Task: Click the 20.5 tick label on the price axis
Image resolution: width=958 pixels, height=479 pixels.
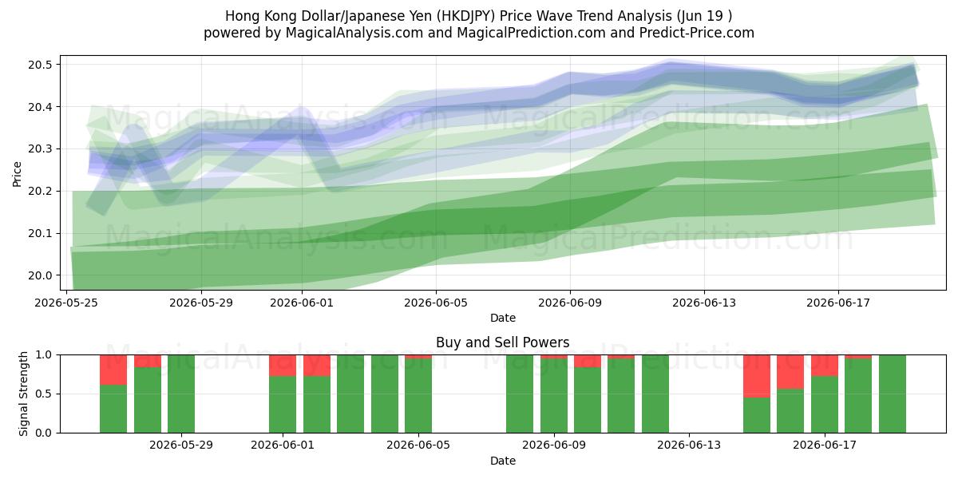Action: click(x=40, y=65)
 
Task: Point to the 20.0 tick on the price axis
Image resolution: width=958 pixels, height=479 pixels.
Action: click(x=40, y=276)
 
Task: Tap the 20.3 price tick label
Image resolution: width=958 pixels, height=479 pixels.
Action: click(x=40, y=149)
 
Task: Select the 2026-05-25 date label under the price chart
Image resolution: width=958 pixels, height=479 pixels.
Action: click(x=66, y=303)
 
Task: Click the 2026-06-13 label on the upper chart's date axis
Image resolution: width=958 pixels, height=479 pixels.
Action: click(x=704, y=303)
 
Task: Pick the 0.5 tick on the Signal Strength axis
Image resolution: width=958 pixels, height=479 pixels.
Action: click(x=44, y=394)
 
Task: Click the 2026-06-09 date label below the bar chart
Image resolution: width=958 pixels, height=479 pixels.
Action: click(x=554, y=445)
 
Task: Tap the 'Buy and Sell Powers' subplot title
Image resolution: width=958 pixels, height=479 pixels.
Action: click(x=502, y=342)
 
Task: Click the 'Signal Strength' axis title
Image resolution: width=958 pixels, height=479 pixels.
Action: click(x=23, y=394)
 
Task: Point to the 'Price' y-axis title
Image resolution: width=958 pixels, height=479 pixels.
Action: click(x=17, y=174)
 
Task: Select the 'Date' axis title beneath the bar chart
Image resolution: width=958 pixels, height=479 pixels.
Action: click(x=503, y=461)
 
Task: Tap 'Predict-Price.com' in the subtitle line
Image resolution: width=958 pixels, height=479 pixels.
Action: click(x=697, y=33)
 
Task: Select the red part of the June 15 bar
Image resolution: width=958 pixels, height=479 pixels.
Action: click(x=757, y=376)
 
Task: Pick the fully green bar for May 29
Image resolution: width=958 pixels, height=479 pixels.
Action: click(x=181, y=394)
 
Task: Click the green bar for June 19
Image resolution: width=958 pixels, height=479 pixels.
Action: click(x=893, y=394)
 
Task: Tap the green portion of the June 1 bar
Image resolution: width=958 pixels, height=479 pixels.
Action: click(x=283, y=405)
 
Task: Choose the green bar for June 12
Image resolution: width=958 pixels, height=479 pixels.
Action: click(x=655, y=394)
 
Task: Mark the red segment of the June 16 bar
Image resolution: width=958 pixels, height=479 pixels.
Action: click(x=790, y=372)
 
